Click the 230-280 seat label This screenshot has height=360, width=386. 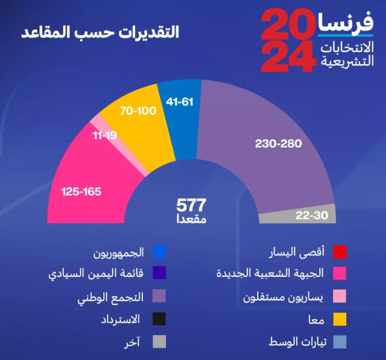pos(278,144)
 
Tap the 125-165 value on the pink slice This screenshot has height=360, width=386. pos(81,192)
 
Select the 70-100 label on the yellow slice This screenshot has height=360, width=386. pos(138,111)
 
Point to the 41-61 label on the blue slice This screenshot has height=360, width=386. pos(179,102)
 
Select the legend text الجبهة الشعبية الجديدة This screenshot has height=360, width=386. pos(276,273)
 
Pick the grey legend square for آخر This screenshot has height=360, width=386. pos(159,342)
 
